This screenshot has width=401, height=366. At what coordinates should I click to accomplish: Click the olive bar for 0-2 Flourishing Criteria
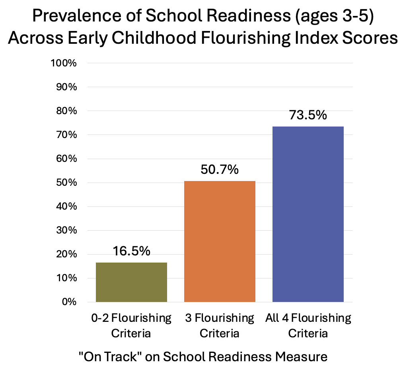[131, 282]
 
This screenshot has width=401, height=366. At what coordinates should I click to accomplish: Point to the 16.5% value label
[132, 251]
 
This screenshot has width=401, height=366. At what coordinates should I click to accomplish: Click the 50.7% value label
[220, 170]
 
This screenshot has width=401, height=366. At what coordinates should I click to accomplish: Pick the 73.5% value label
[308, 115]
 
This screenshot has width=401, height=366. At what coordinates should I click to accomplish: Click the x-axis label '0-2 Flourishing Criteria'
[131, 325]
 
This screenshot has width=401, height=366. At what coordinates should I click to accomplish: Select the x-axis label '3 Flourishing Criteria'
[220, 325]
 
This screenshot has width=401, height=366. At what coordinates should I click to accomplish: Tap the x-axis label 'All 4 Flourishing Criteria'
[308, 325]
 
